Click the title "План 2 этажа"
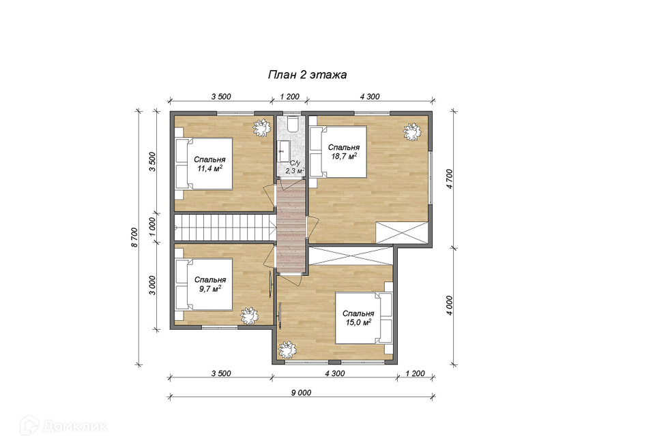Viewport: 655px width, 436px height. point(307,75)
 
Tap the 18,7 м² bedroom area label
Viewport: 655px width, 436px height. point(344,156)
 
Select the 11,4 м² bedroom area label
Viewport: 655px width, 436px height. point(209,168)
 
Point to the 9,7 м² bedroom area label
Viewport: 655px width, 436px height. point(210,288)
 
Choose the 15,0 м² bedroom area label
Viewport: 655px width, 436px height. point(358,322)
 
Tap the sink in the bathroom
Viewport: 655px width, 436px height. point(284,147)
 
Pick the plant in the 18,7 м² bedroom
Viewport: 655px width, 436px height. point(412,132)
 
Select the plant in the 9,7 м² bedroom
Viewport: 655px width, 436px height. point(250,316)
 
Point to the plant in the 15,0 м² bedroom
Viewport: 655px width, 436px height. point(287,349)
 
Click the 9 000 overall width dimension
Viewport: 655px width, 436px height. point(301,392)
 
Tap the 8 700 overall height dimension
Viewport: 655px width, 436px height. point(134,237)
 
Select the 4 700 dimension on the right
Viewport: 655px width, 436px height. point(449,178)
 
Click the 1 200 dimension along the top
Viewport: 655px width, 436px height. point(289,96)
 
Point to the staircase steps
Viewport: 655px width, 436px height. point(224,228)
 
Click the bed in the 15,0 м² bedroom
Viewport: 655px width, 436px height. point(364,318)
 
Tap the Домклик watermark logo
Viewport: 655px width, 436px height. point(63,426)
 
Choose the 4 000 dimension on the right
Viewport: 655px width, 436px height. point(449,305)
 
